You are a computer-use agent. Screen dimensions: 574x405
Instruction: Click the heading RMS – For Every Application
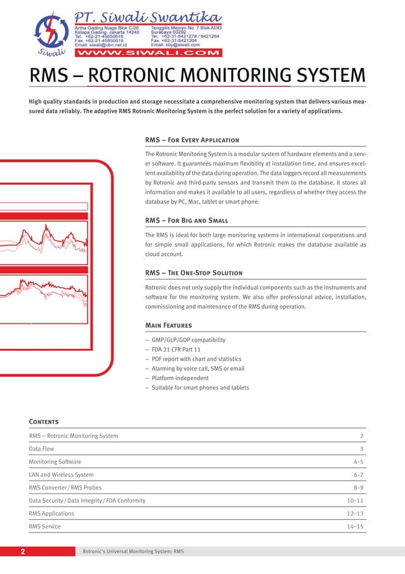[192, 140]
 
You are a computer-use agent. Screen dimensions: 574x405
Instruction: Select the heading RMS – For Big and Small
[187, 220]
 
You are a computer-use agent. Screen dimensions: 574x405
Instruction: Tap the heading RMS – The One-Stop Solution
[194, 273]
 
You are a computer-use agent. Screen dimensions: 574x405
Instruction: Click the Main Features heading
[168, 325]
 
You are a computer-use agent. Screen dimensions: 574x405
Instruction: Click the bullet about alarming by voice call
[197, 369]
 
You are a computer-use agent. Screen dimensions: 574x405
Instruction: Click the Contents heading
[44, 421]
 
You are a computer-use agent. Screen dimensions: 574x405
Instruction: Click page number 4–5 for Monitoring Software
[358, 461]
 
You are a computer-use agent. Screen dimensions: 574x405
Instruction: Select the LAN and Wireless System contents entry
[61, 475]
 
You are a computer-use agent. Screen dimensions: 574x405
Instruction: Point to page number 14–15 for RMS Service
[355, 526]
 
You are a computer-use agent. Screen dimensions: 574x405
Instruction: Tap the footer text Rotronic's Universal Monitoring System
[133, 551]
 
